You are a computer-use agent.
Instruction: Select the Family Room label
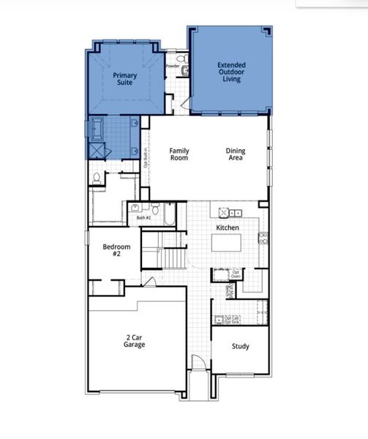coord(179,154)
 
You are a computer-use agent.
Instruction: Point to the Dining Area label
coord(236,154)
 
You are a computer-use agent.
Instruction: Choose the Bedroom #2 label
coord(111,251)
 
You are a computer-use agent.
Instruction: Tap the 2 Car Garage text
coord(133,341)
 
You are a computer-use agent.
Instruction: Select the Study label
coord(240,346)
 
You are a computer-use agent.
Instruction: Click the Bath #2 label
coord(143,217)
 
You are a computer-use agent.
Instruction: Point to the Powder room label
coord(173,66)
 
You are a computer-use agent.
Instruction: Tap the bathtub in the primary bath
coord(98,130)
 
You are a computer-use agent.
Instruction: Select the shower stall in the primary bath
coord(98,150)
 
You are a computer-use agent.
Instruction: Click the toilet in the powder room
coord(184,71)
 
